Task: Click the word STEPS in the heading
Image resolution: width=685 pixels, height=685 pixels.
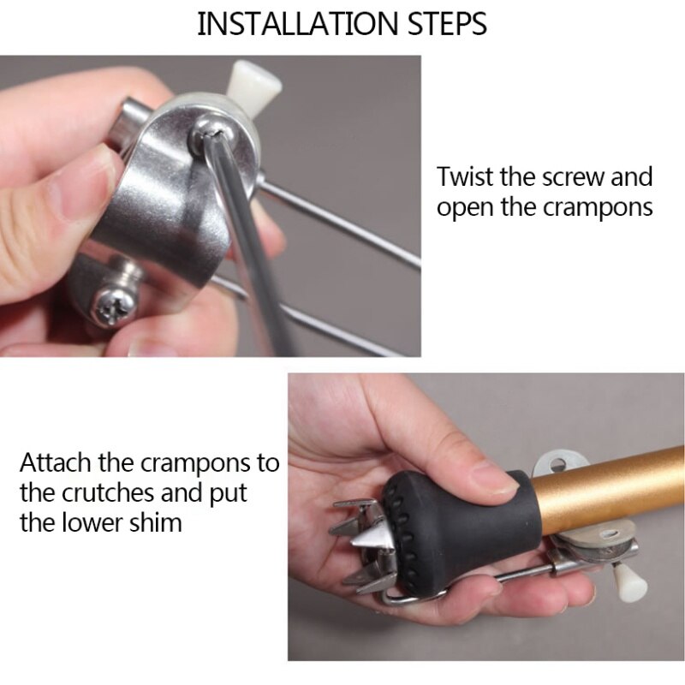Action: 447,24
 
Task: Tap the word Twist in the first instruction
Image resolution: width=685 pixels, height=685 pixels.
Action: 465,176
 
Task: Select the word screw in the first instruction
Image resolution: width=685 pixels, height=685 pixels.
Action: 573,177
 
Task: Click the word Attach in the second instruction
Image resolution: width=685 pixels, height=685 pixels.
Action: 56,462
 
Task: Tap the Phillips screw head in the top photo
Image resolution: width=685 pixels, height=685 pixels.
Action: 113,308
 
